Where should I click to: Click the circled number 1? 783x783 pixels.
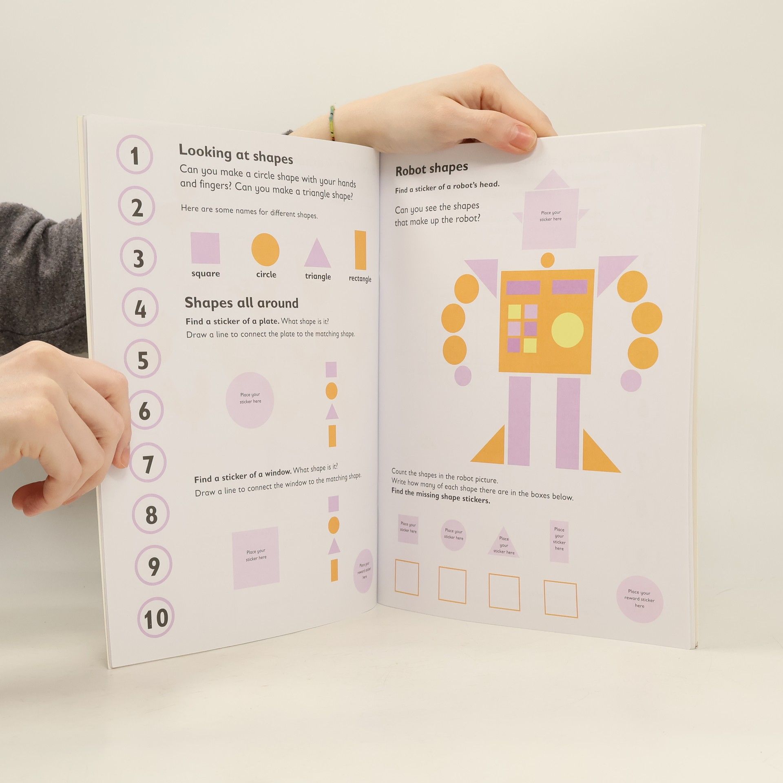tap(135, 155)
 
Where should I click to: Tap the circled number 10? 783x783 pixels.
tap(156, 618)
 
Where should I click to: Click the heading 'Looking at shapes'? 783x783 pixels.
tap(236, 154)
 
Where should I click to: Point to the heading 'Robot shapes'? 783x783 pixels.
tap(431, 169)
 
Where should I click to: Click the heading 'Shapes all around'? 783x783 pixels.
tap(241, 303)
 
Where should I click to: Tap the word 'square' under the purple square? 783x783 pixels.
tap(206, 273)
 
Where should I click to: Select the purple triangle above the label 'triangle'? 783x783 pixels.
tap(317, 255)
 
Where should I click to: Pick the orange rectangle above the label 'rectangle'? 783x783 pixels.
tap(361, 250)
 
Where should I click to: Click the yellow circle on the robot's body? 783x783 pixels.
tap(567, 330)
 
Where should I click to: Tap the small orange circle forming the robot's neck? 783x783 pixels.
tap(548, 260)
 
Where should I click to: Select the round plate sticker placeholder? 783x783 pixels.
tap(250, 400)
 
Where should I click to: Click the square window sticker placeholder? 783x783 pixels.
tap(256, 557)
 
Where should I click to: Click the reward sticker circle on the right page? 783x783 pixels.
tap(639, 599)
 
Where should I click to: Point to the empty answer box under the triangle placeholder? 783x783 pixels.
tap(504, 592)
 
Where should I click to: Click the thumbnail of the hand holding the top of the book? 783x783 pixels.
tap(522, 137)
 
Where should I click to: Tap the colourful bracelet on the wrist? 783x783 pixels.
tap(332, 123)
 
